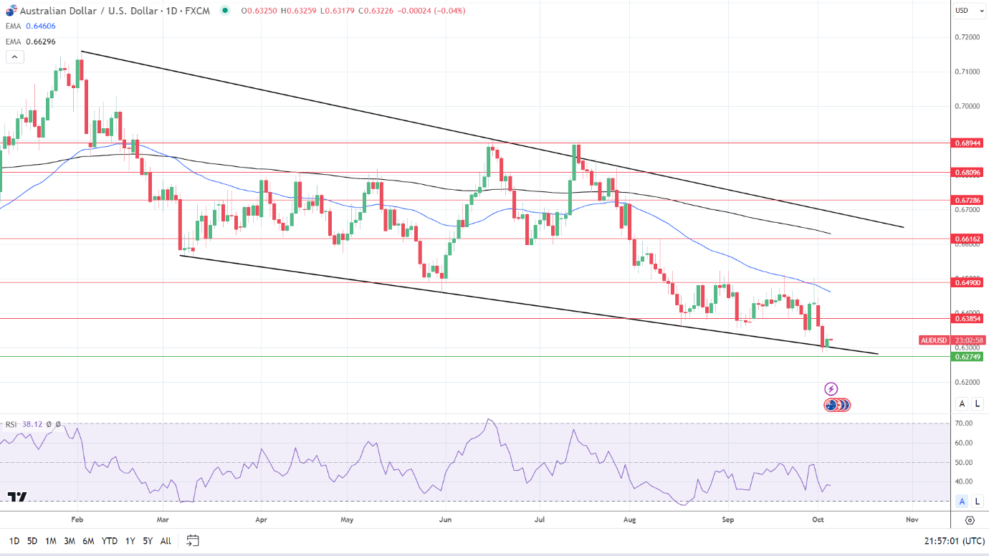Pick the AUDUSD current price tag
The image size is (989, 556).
[934, 340]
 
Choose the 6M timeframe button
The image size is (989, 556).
[88, 541]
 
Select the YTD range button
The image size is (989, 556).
[110, 541]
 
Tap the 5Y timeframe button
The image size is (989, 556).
[147, 541]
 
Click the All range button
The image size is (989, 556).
[166, 541]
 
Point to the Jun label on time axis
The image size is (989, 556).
[446, 519]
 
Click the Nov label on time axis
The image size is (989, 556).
[911, 519]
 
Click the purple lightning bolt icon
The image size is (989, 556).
[831, 389]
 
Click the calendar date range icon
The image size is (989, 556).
[192, 541]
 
